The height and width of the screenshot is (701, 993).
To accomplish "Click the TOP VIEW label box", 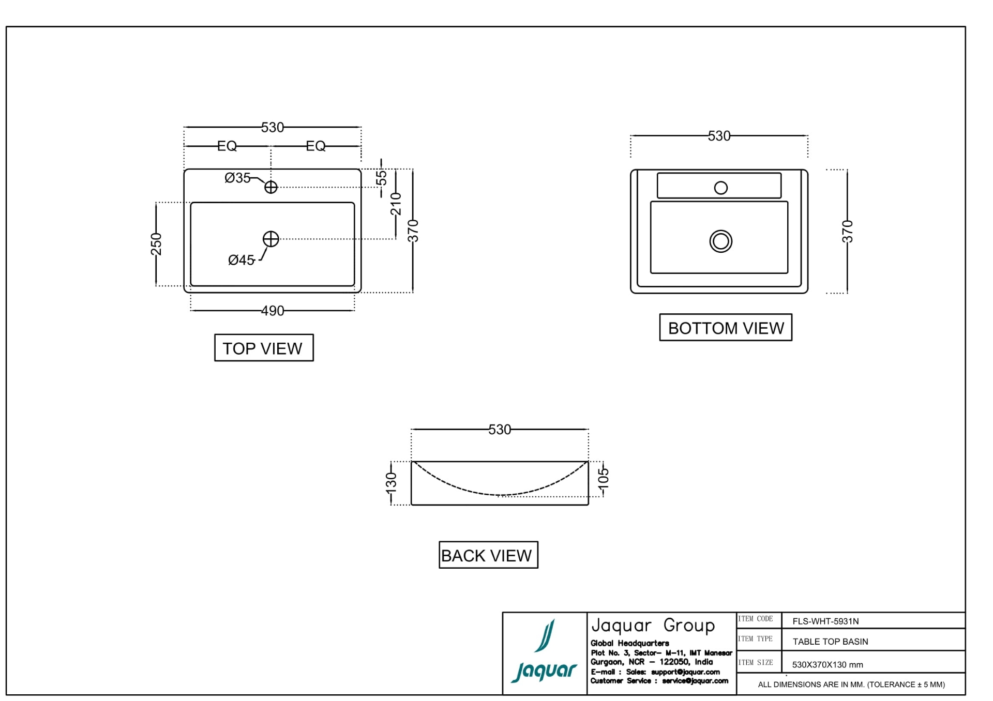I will click(x=264, y=348).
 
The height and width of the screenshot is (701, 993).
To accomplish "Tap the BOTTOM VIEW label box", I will click(x=725, y=328).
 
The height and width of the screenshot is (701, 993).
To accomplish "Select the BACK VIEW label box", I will click(x=488, y=555).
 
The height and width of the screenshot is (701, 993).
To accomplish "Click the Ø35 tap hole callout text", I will click(x=237, y=178).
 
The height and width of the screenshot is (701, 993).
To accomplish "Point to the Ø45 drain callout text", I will click(x=241, y=260).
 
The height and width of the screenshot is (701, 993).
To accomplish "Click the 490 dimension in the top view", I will click(x=273, y=311).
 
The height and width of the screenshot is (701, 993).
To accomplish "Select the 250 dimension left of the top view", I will click(x=156, y=244).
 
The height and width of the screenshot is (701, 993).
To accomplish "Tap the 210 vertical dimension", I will click(x=396, y=204).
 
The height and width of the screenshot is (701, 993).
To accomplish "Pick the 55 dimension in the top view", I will click(x=381, y=178).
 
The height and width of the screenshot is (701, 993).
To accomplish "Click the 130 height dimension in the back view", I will click(x=392, y=482).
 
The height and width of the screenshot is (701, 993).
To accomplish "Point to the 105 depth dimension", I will click(x=604, y=478).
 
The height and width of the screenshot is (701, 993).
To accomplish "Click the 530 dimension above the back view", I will click(x=500, y=430).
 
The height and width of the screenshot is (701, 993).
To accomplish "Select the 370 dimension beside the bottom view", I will click(x=847, y=231).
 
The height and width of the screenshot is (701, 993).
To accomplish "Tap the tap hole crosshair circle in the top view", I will click(x=270, y=187).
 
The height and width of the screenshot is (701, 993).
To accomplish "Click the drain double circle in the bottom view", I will click(x=720, y=241).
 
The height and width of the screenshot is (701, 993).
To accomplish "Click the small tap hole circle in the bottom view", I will click(x=720, y=188).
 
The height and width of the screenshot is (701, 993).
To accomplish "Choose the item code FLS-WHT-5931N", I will click(x=825, y=621).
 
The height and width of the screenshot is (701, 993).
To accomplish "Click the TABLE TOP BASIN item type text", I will click(x=830, y=642).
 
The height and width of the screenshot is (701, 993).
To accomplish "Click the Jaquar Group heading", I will click(x=653, y=626).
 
